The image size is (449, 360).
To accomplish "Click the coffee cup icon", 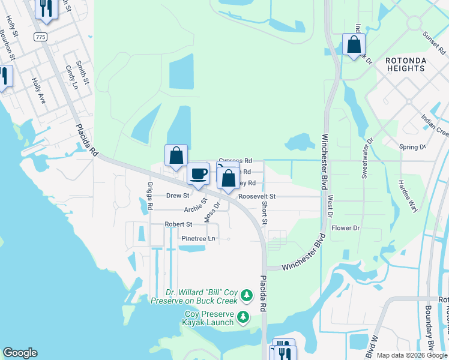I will click(x=199, y=175).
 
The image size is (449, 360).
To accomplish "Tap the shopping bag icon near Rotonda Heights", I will click(x=354, y=45).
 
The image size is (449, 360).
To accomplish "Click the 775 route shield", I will click(x=41, y=37).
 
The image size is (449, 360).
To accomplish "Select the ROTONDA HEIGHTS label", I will click(x=405, y=64).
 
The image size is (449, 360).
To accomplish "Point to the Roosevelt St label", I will click(x=257, y=196).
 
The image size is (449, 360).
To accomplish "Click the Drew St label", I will click(x=178, y=196).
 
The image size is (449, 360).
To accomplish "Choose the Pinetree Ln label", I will click(x=198, y=238).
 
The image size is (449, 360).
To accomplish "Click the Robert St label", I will click(x=178, y=224).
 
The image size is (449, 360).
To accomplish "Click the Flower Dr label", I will click(x=346, y=228).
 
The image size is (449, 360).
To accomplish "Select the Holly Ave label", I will click(x=40, y=91).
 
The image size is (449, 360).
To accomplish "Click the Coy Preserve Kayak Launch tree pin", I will click(x=244, y=316).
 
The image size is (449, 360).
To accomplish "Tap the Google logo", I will click(x=20, y=353).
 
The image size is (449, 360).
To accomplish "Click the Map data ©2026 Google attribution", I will click(x=412, y=355).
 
